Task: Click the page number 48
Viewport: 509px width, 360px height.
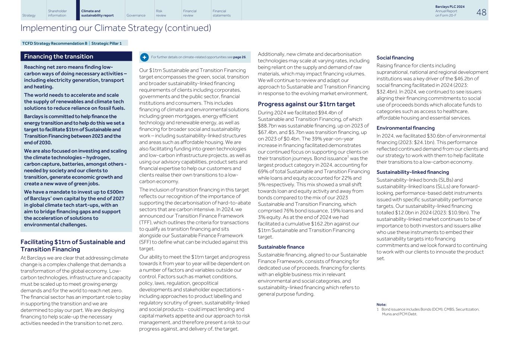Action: coord(481,12)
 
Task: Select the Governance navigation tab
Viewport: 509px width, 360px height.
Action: coord(136,15)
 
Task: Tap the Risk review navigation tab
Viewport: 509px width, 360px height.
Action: coord(161,13)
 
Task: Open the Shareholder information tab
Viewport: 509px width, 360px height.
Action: coord(57,13)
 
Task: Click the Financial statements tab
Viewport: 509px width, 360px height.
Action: coord(221,13)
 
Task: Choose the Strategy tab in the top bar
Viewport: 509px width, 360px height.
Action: coord(29,15)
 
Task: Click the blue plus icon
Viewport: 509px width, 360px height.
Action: coord(144,57)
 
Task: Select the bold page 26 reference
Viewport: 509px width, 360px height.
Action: coord(239,57)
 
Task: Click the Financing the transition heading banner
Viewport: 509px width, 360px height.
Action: coord(76,56)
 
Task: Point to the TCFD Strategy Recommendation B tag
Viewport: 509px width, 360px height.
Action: coord(55,43)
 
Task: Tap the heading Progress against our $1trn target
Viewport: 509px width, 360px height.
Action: coord(306,104)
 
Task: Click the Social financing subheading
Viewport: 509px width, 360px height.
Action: coord(395,58)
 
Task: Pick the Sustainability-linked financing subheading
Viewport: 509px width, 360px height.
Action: coord(412,172)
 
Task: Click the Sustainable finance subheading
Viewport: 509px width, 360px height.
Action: coord(281,247)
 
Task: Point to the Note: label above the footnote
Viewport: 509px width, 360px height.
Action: coord(381,304)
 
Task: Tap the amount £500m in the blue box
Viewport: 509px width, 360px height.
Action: coord(115,192)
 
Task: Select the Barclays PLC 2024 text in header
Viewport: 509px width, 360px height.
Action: coord(450,7)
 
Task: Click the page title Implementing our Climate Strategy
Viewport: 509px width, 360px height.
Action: coord(116,28)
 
